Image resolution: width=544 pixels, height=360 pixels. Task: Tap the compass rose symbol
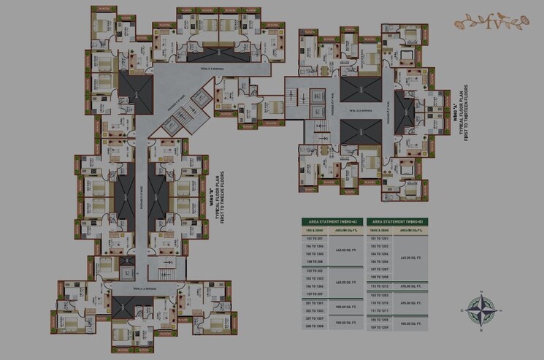[x=481, y=310]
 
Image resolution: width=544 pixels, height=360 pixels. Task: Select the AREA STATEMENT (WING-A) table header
[x=332, y=221]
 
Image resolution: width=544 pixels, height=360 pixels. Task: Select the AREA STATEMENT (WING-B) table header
[x=396, y=221]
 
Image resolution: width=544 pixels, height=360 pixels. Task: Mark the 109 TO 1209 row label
[x=380, y=327]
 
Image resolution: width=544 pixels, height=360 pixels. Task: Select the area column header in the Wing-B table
[x=413, y=230]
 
